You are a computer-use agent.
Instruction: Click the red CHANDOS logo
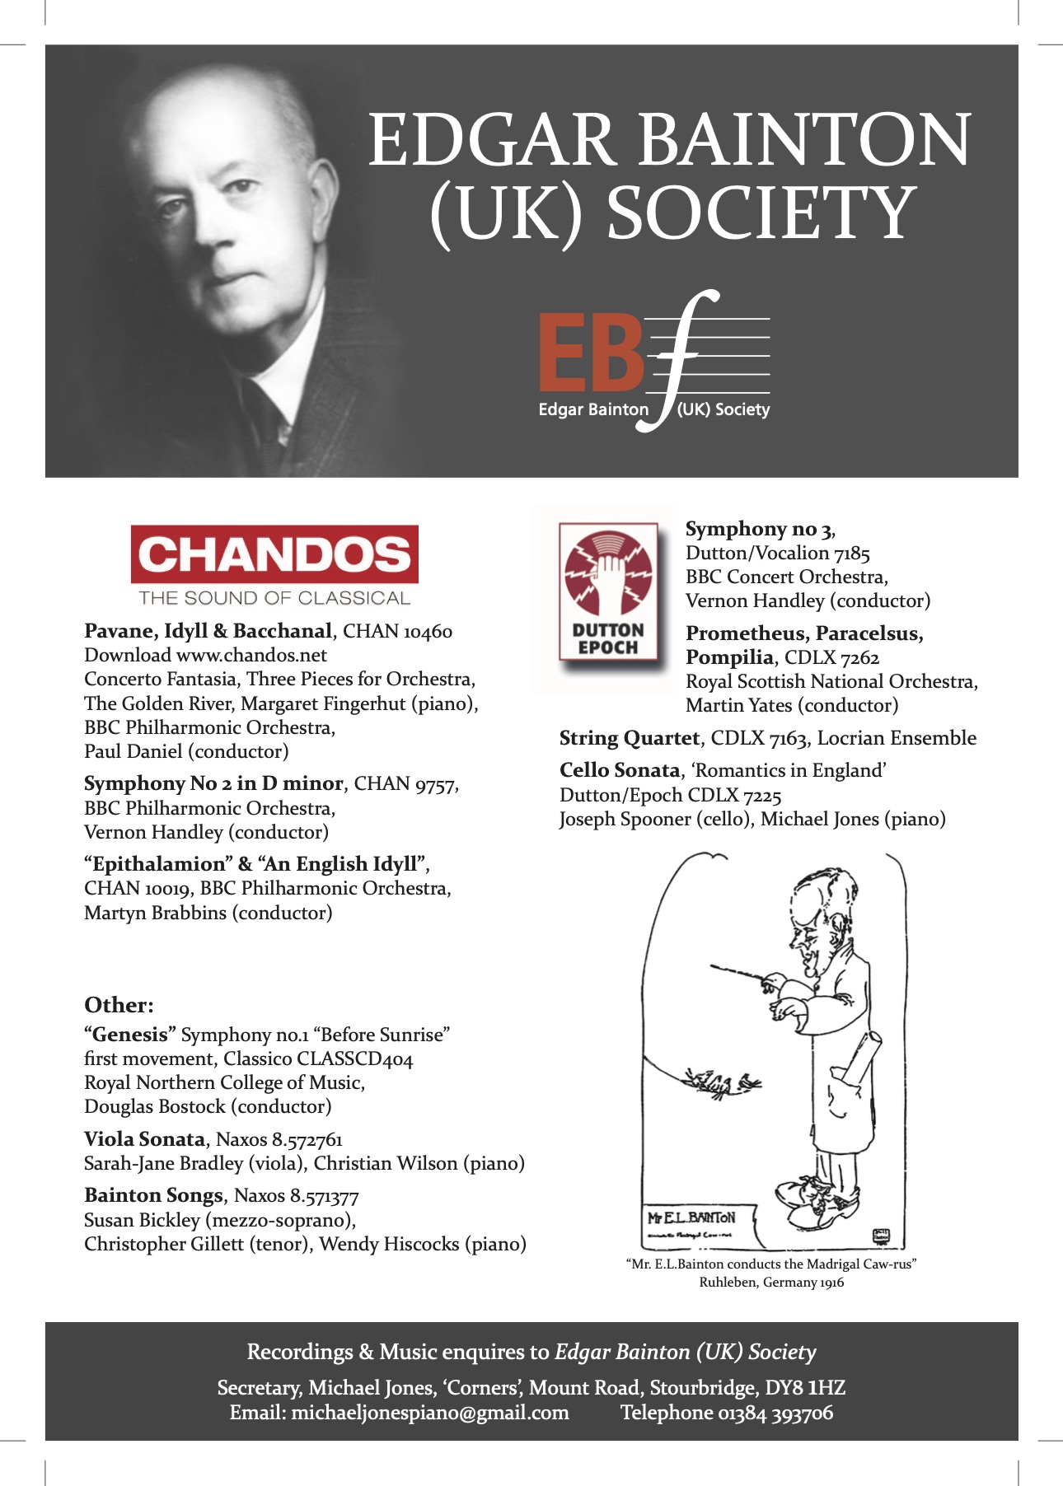coord(274,554)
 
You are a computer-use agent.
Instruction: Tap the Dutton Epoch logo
coord(608,591)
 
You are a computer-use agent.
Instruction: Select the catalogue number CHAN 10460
coord(397,632)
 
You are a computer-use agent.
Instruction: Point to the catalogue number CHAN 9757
coord(405,783)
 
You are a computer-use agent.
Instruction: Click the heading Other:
coord(119,1005)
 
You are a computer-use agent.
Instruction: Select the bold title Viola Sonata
coord(144,1139)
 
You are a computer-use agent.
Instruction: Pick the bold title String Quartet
coord(630,738)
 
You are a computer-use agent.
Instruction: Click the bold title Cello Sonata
coord(620,770)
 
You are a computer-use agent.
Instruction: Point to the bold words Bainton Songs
coord(153,1195)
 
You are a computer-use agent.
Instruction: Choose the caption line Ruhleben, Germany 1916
coord(771,1283)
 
